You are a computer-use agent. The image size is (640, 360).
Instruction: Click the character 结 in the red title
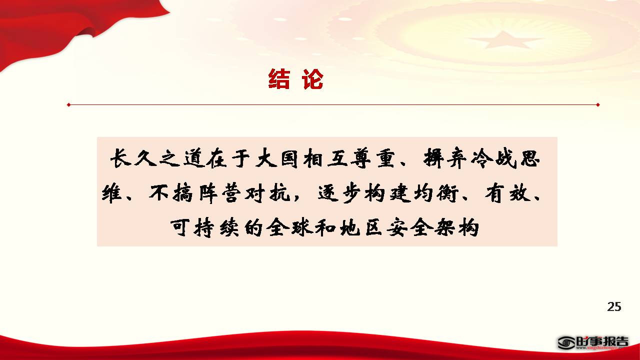coord(279,79)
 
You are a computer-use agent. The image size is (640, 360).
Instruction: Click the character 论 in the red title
coord(312,79)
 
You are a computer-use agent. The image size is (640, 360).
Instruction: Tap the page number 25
coord(614,306)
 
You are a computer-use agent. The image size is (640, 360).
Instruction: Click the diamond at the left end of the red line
coord(68,105)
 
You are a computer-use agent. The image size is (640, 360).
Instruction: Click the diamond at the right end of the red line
coord(597,105)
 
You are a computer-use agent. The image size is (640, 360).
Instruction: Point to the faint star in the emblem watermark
coord(503,40)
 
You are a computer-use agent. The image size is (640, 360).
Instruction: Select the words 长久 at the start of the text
coord(133,158)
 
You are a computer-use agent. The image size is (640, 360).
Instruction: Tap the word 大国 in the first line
coord(276,158)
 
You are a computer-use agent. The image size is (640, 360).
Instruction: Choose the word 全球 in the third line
coord(289,227)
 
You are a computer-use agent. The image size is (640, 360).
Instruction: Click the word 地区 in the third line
coord(361,227)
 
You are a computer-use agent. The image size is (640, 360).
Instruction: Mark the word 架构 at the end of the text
coord(456,227)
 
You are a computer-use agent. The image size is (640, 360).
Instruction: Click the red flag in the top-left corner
coord(57,25)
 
